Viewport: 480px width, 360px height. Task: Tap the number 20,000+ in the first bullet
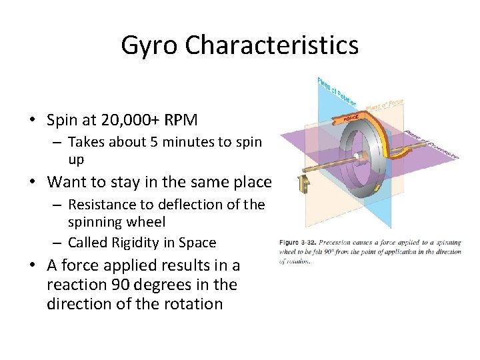[x=125, y=120]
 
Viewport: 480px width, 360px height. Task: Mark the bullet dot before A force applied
[x=32, y=266]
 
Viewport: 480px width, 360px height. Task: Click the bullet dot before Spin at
[x=32, y=121]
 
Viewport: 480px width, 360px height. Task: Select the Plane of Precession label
[x=434, y=146]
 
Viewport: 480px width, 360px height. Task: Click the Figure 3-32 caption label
[x=297, y=243]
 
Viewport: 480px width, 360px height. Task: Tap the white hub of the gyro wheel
[x=358, y=157]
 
